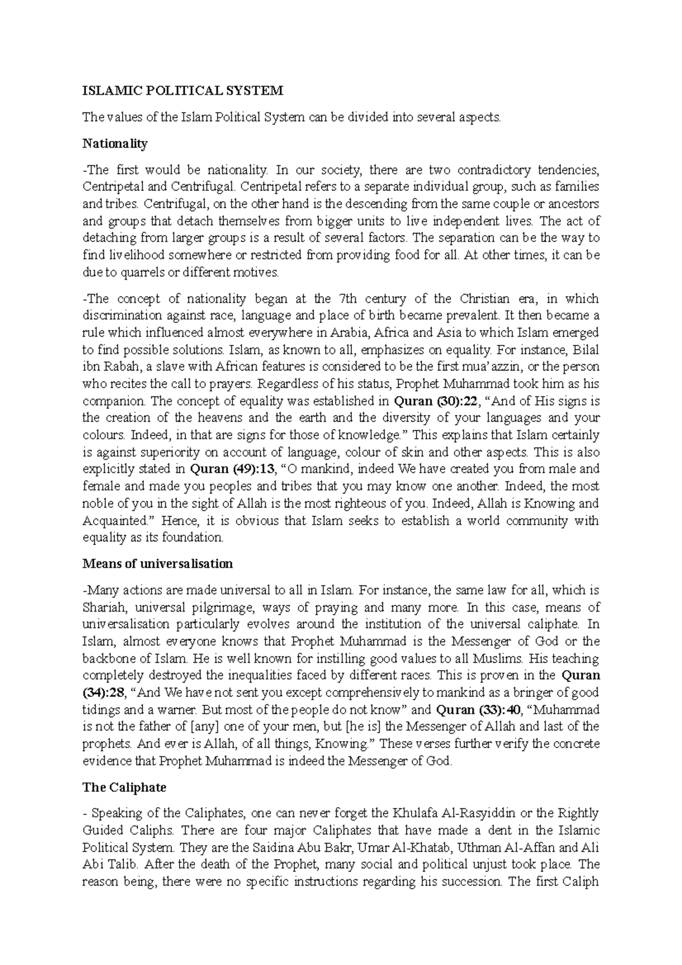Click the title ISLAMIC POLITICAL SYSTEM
pyautogui.click(x=182, y=91)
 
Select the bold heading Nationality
pyautogui.click(x=115, y=144)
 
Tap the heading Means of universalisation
pyautogui.click(x=157, y=564)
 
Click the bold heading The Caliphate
pyautogui.click(x=124, y=788)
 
